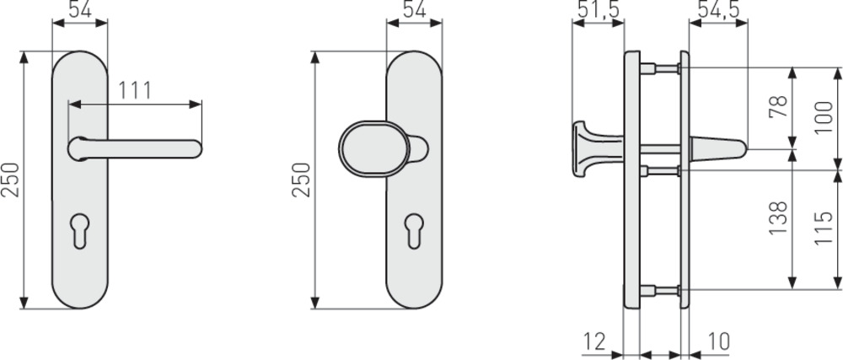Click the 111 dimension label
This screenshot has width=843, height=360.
(x=135, y=91)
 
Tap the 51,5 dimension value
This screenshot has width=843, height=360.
(x=598, y=9)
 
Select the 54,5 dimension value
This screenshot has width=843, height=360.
(x=718, y=9)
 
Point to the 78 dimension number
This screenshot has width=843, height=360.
(x=777, y=106)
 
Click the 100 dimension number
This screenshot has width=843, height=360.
(x=824, y=118)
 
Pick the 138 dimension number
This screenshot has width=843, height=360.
(x=777, y=218)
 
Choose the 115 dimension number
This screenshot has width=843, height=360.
(x=824, y=228)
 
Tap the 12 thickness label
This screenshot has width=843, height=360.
(x=594, y=341)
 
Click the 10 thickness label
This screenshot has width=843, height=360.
(x=718, y=341)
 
